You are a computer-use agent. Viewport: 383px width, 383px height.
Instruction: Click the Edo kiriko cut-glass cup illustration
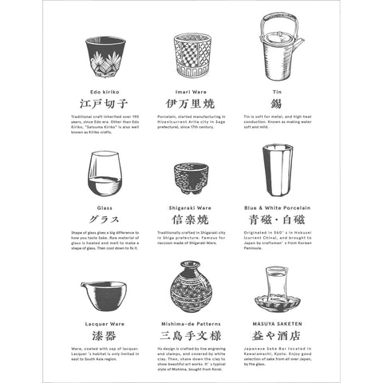[x=105, y=56]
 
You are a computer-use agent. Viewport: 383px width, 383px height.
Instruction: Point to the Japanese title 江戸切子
[x=105, y=104]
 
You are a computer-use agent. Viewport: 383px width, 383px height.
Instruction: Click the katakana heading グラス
[x=105, y=219]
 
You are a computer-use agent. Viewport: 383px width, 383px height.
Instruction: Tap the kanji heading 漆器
[x=105, y=336]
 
